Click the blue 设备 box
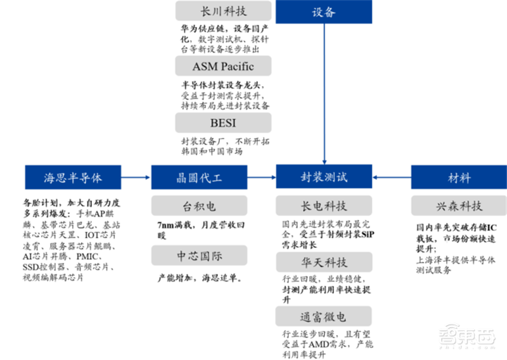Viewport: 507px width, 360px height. (324, 12)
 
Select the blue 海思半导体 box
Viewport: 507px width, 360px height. (73, 177)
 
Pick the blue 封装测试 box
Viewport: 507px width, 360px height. (324, 176)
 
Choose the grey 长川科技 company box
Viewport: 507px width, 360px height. (223, 11)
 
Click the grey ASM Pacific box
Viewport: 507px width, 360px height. (223, 66)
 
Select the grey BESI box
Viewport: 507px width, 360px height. (223, 122)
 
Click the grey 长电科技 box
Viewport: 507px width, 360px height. (324, 207)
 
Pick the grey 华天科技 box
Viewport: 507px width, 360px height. (324, 261)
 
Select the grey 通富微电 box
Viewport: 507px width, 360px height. (324, 315)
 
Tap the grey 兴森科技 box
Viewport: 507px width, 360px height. (457, 207)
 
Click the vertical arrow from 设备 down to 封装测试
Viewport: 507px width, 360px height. (324, 95)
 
